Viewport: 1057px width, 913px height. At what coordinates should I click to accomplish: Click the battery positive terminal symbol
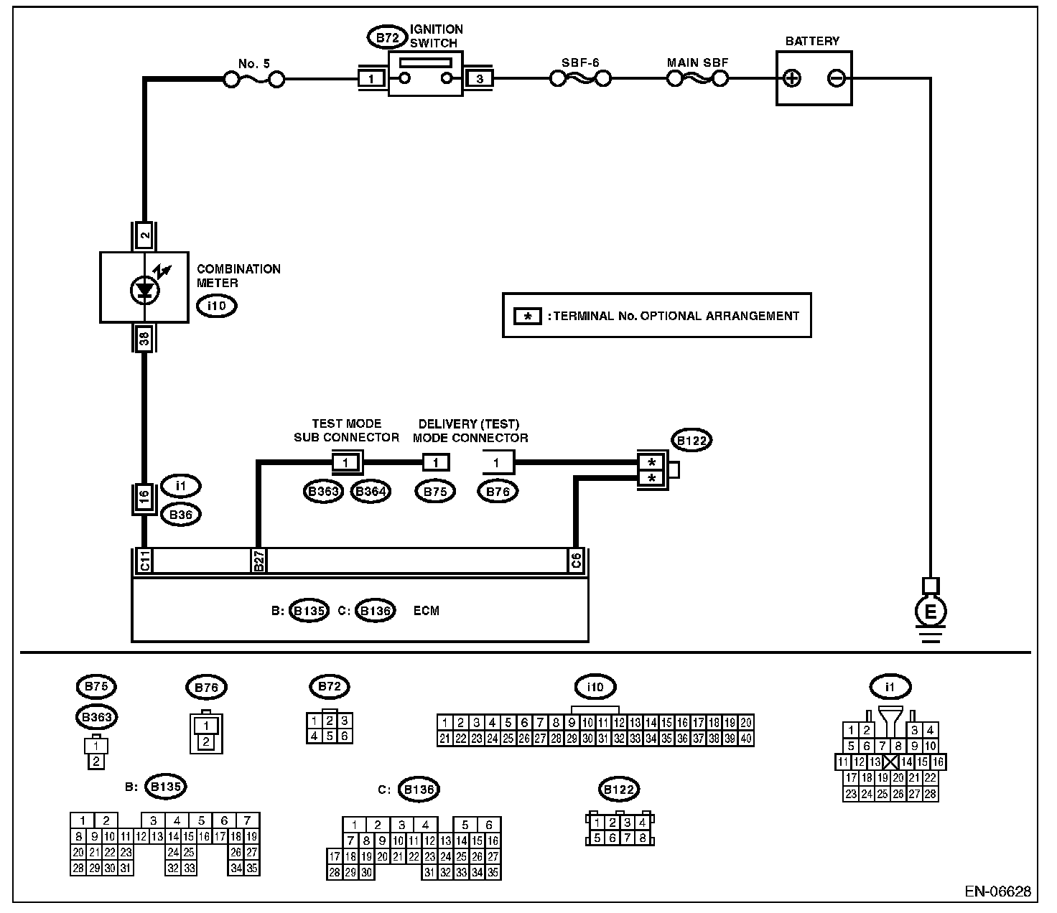[791, 78]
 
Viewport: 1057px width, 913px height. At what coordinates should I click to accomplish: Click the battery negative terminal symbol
[837, 78]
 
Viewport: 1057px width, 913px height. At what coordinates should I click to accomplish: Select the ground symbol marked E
[931, 612]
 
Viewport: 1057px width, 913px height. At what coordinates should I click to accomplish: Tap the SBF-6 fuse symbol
[580, 78]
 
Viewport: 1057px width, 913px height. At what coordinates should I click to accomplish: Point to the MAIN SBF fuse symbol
[697, 78]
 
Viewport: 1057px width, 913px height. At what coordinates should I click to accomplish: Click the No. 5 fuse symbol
[253, 80]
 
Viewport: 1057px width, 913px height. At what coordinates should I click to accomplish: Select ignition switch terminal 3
[480, 79]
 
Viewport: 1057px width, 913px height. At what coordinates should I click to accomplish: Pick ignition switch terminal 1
[371, 79]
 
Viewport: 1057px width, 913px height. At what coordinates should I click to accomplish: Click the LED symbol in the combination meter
[145, 289]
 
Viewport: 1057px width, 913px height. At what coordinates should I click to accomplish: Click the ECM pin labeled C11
[144, 561]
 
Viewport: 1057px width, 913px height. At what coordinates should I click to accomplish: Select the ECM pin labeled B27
[259, 561]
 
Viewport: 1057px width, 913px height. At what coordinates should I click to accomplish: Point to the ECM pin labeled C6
[577, 561]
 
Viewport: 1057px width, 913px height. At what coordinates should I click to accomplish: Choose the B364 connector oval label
[371, 492]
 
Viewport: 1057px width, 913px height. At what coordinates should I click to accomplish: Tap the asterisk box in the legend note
[528, 316]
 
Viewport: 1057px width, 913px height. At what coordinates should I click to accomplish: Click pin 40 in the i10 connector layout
[746, 739]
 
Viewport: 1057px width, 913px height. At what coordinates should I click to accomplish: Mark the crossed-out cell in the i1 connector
[891, 762]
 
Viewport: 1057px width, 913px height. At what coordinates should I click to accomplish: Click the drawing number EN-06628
[997, 892]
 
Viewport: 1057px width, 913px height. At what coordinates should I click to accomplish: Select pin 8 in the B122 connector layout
[643, 838]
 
